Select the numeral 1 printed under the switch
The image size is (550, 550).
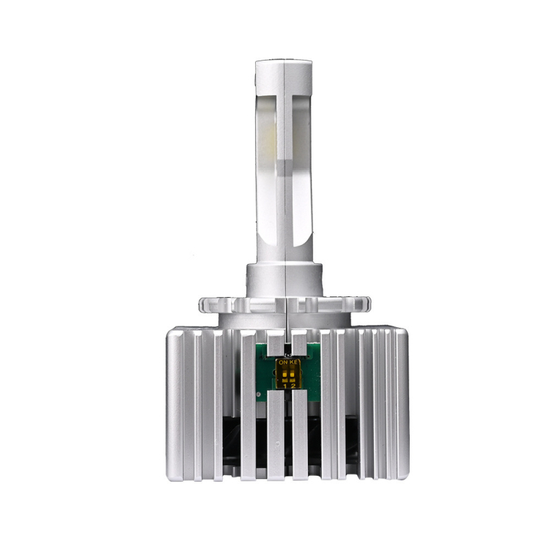(x=285, y=386)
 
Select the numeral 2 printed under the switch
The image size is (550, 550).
(x=294, y=386)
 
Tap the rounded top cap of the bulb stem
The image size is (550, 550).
(x=283, y=68)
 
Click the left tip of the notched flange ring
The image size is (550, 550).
(x=201, y=303)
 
